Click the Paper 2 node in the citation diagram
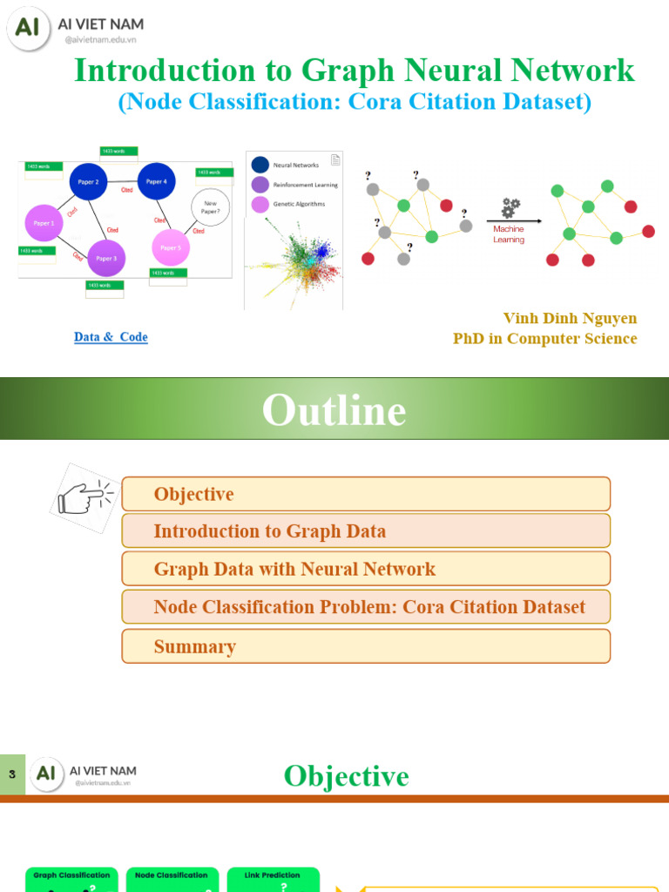tap(88, 181)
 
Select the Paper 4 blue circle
tap(157, 181)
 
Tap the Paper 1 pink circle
tap(44, 223)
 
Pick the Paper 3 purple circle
tap(106, 258)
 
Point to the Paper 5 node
tap(171, 247)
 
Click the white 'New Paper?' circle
tap(210, 207)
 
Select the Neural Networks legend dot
tap(260, 165)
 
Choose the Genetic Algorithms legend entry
tap(299, 204)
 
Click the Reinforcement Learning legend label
tap(305, 185)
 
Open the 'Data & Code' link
tap(111, 337)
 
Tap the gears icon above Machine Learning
tap(510, 208)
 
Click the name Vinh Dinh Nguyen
tap(570, 318)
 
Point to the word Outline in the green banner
tap(334, 409)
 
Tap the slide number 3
tap(12, 774)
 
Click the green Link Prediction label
tap(273, 875)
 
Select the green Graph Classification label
tap(71, 875)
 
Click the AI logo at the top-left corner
tap(28, 28)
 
